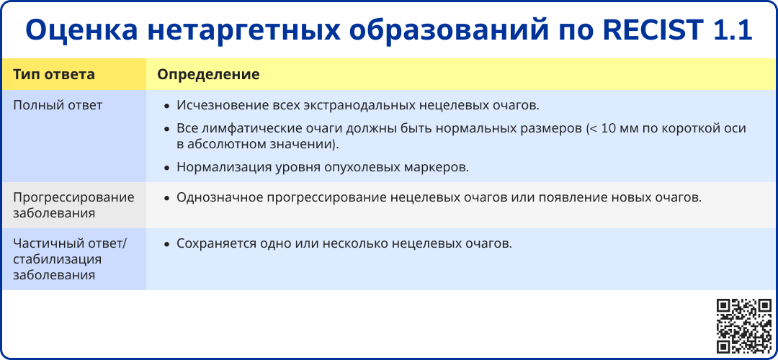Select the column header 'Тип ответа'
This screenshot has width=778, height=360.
click(53, 74)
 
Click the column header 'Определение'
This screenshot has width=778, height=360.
click(208, 74)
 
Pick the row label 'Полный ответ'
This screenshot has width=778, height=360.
click(58, 105)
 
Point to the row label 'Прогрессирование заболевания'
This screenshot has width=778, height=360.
click(74, 204)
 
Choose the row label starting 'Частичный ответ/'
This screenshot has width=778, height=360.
click(71, 259)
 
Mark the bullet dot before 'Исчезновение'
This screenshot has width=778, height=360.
click(167, 106)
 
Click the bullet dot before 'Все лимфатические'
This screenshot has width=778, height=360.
click(167, 129)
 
